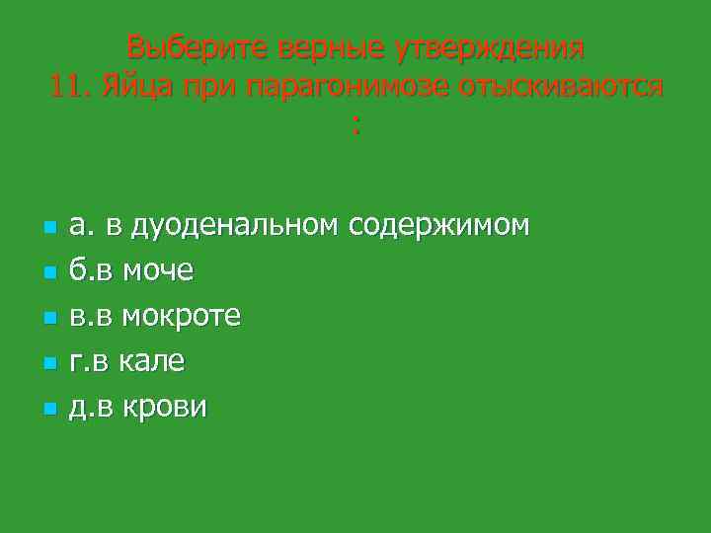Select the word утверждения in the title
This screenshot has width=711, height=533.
tap(490, 46)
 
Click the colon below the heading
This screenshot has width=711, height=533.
tap(355, 125)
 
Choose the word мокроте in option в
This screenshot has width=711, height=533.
tap(182, 316)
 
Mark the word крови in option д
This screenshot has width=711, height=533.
tap(163, 407)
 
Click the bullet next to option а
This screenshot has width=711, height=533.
tap(47, 228)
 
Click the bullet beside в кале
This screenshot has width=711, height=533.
tap(47, 364)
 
